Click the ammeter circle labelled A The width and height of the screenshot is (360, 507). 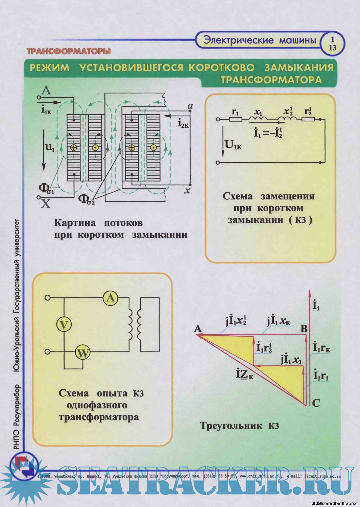[111, 298]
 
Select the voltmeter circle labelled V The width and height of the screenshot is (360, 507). [64, 325]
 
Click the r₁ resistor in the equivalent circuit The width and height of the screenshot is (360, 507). [236, 119]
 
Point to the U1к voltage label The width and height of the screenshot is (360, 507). [234, 145]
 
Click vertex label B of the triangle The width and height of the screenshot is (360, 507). [304, 329]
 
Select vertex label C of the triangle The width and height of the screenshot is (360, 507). [316, 403]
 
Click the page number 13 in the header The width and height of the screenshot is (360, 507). [333, 48]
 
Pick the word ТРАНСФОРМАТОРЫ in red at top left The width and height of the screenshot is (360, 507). [69, 51]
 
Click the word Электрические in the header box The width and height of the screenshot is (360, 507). [238, 40]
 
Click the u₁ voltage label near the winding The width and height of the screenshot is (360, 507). [49, 147]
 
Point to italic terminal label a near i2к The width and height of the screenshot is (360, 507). [190, 107]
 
